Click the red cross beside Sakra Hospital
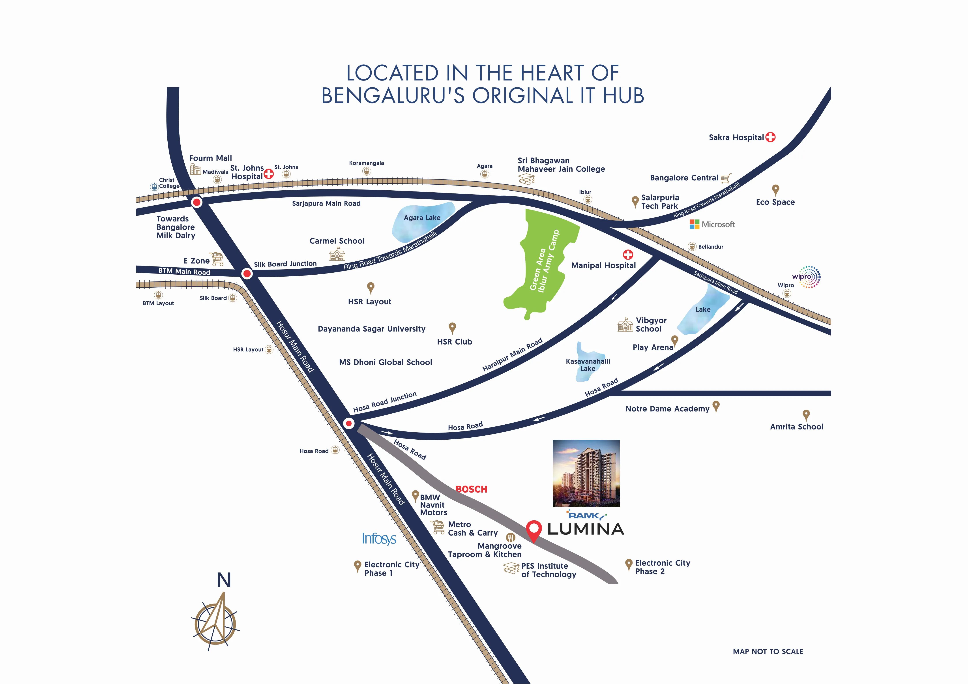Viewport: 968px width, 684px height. point(770,137)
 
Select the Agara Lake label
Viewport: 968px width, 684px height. point(422,218)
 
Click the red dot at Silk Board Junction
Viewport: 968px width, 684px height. point(247,274)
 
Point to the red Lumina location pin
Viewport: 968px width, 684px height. point(534,530)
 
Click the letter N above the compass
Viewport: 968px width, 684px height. point(224,580)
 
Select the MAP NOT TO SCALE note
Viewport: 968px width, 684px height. point(768,652)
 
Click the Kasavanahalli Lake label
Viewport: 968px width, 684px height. point(588,365)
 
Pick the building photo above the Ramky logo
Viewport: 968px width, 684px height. point(586,473)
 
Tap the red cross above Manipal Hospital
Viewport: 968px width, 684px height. point(628,254)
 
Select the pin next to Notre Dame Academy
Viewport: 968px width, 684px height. point(716,407)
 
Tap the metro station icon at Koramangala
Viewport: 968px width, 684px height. point(366,171)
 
